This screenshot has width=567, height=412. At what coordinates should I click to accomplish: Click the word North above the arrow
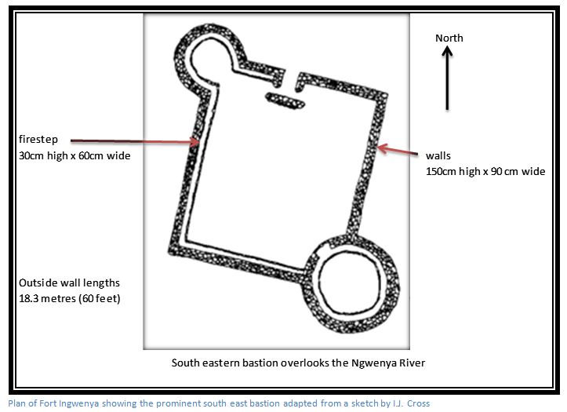point(449,38)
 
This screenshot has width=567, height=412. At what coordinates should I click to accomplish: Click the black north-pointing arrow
point(447,78)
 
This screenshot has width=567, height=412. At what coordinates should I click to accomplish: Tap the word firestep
point(38,139)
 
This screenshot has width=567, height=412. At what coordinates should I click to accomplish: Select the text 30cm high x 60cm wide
point(75,155)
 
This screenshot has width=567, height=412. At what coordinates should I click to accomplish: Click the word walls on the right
point(438,155)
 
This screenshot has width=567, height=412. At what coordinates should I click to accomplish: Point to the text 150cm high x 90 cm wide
point(485,171)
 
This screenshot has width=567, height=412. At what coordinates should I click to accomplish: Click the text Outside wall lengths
point(69,283)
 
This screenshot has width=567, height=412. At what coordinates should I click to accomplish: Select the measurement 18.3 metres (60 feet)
point(70,298)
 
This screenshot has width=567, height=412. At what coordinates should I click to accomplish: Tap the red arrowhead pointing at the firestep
point(194,142)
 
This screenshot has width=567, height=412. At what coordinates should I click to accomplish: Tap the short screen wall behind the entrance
point(285,100)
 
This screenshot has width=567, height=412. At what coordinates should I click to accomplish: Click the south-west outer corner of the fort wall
point(169,252)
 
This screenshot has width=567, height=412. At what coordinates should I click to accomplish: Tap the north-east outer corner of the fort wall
point(386,94)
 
